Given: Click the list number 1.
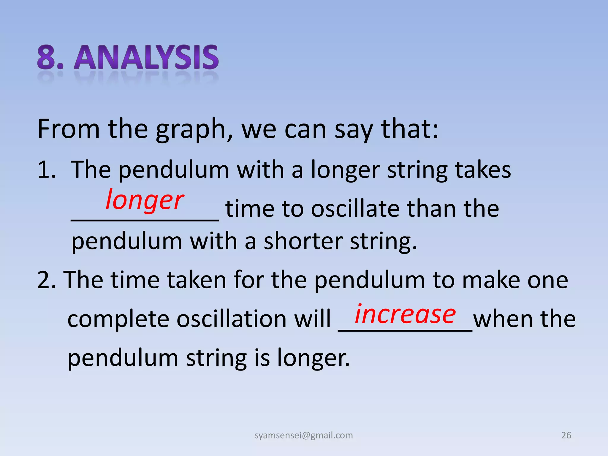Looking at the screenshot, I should pos(46,170).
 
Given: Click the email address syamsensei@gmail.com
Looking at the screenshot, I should pos(304,435).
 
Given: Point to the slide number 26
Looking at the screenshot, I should pos(566,435).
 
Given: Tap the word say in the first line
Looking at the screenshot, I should pos(354,129).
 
